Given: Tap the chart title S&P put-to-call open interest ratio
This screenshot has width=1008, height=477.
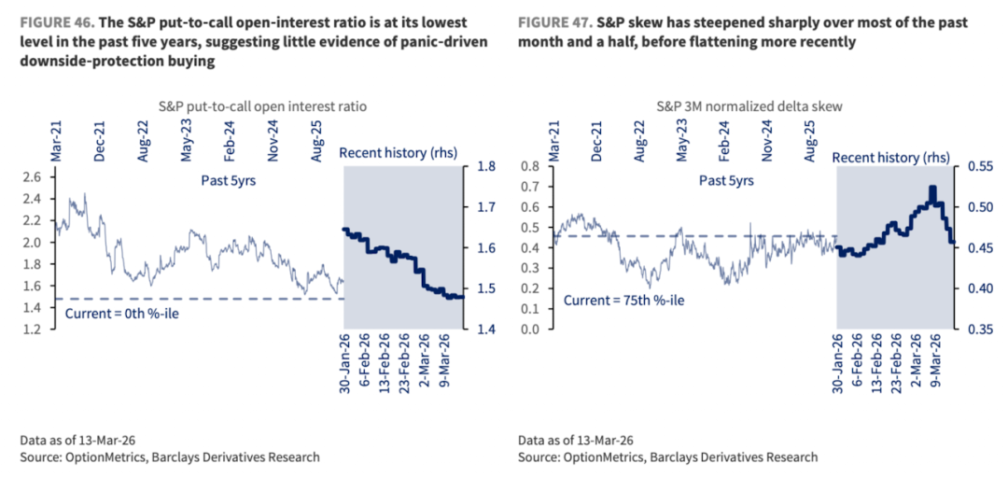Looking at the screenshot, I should pos(252,106).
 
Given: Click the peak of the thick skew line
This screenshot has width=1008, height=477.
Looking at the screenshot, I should pos(932,189).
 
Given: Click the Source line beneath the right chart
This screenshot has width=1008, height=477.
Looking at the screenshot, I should pos(668,457).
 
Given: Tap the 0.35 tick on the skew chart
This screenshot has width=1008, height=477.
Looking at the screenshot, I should pos(976,330).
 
